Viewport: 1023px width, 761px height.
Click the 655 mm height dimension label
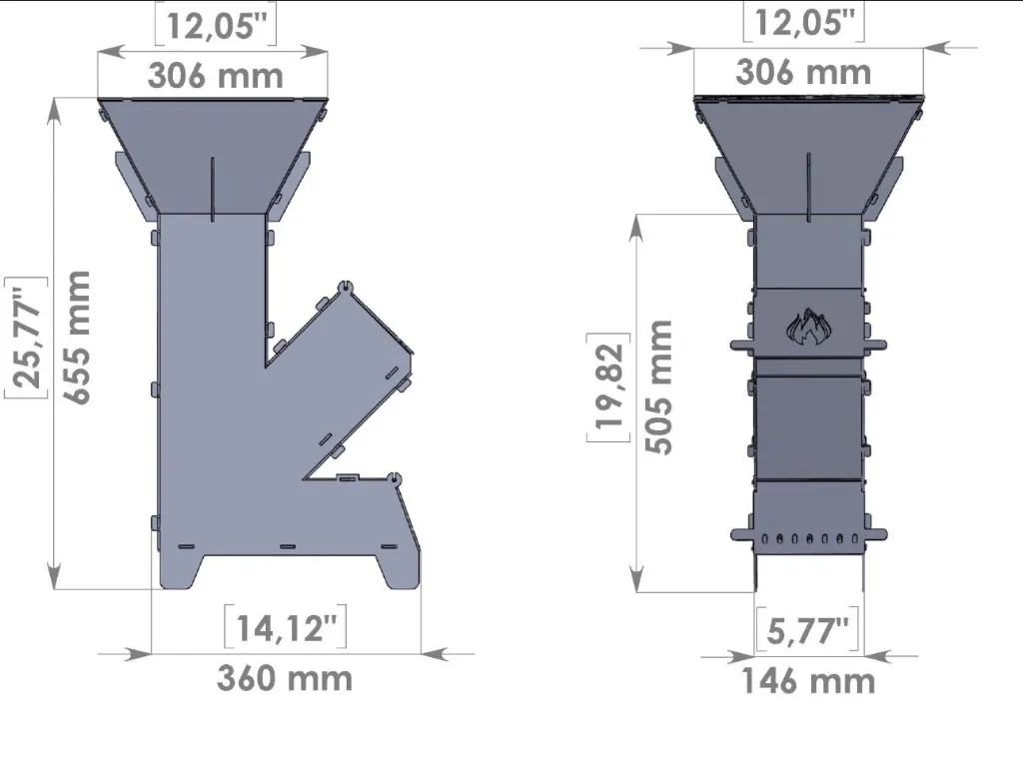tap(78, 338)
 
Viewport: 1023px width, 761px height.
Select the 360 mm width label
tap(285, 678)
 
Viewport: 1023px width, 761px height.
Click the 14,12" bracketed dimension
tap(285, 628)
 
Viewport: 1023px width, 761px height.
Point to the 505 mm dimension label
tap(659, 387)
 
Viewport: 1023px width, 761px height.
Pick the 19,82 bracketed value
tap(609, 387)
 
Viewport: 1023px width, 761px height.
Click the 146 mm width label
tap(808, 681)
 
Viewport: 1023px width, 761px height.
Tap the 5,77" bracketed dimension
tap(807, 630)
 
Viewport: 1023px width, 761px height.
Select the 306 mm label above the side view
tap(216, 76)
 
